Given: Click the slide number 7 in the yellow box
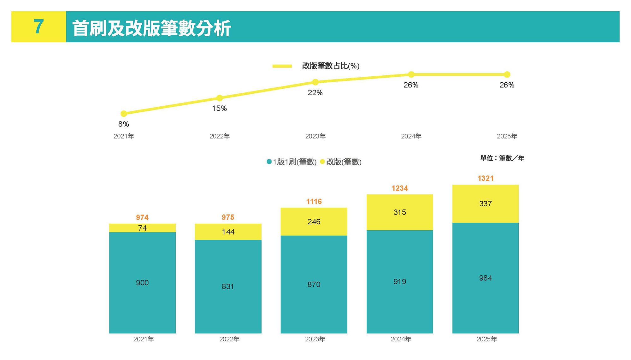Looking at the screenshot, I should coord(38,27).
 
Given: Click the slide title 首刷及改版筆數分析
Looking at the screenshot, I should coord(151,28).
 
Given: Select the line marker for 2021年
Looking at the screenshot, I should coord(124,114).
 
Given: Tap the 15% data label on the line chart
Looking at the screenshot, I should coord(219,109).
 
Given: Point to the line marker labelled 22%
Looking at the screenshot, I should coord(315,82).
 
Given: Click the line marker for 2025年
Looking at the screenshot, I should coord(507,74).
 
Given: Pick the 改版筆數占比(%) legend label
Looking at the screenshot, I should coord(331,66).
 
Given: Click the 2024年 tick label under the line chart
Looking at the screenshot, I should coord(411,136).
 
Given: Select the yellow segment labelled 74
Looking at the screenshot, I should coord(142,228).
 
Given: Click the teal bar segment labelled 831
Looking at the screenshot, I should coord(228,286).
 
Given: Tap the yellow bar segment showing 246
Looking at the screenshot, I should coord(314,222).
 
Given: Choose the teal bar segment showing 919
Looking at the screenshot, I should coord(400,281).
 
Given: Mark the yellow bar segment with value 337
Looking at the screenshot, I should coord(486,204).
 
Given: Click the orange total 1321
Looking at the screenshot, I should coord(486,179).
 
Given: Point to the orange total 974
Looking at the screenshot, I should coord(142,217).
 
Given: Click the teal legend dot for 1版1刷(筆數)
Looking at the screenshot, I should coord(269,162).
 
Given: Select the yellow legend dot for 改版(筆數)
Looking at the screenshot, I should coord(322,162).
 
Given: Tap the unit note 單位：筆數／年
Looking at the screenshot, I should coord(502,158).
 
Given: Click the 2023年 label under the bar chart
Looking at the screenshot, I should coord(315,339).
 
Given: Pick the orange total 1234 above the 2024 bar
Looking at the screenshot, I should coord(400,188).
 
